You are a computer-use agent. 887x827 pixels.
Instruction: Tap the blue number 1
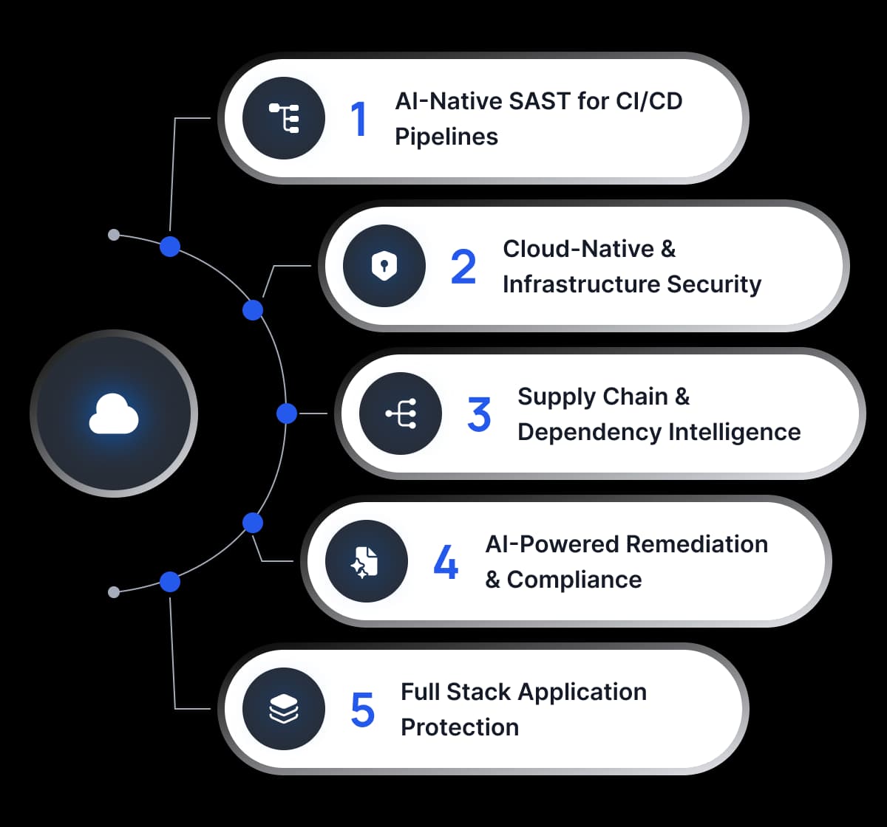(x=359, y=119)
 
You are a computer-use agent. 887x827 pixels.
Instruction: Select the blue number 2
(x=463, y=267)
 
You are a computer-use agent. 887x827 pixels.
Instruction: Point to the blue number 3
(x=479, y=414)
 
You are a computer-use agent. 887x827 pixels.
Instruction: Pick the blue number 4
(x=446, y=562)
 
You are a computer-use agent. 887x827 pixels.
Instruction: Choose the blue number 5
(x=362, y=710)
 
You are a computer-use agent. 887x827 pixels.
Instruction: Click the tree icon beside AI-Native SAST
(x=284, y=118)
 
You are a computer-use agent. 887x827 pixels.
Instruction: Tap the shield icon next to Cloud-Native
(x=384, y=266)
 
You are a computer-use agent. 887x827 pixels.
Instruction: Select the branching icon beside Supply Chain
(x=401, y=413)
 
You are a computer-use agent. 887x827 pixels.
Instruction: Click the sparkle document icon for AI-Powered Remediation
(x=366, y=562)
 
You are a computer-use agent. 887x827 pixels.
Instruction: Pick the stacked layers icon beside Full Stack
(x=284, y=709)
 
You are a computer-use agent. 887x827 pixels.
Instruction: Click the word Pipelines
(x=446, y=137)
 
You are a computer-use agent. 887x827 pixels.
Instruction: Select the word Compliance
(x=574, y=580)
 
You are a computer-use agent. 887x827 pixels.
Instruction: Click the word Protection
(x=460, y=727)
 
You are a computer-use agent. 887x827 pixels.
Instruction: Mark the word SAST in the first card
(x=535, y=101)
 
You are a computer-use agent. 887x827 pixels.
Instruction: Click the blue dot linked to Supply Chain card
(x=287, y=413)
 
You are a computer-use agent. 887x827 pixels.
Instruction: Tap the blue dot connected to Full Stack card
(x=170, y=582)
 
